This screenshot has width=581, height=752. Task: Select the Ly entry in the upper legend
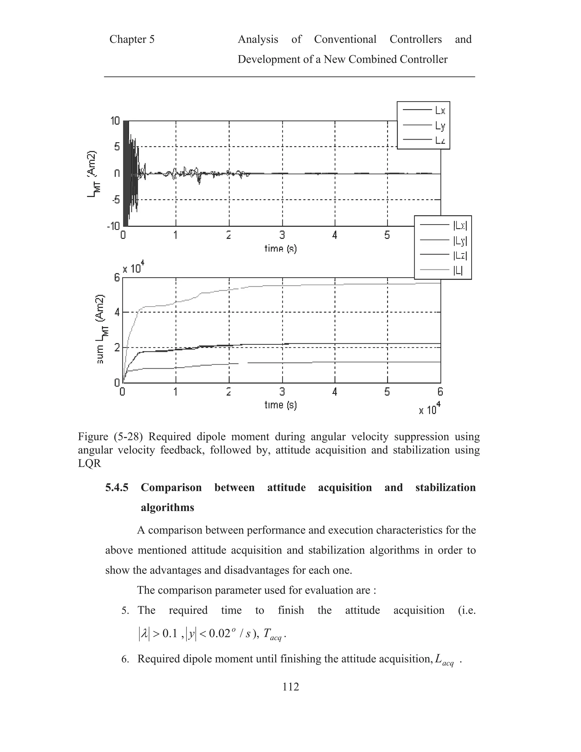440,126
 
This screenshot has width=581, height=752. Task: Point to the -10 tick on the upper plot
113,226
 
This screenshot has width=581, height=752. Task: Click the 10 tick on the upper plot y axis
115,121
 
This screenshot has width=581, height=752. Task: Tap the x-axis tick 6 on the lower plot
440,392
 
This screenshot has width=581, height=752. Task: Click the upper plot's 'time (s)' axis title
281,248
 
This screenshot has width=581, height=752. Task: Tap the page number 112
290,694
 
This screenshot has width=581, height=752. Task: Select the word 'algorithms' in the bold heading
167,508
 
